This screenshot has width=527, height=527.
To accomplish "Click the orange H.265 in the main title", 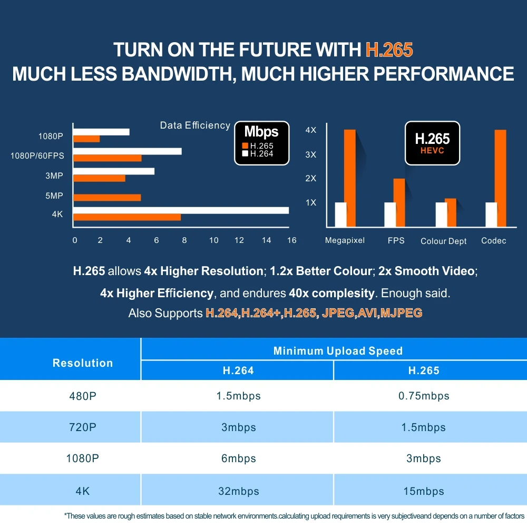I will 389,50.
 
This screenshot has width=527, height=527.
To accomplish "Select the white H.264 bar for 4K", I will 181,210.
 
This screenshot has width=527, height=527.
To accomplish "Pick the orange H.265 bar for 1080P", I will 86,139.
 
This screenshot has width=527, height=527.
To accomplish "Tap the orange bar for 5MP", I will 107,198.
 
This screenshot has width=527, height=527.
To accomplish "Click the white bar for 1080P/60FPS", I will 128,151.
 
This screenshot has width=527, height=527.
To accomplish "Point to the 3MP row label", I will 54,175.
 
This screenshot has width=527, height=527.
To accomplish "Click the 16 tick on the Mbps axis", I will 291,240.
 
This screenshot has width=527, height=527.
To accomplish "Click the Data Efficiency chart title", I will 195,125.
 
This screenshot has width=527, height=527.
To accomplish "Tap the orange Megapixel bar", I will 350,177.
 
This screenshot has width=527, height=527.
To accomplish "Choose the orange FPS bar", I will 399,202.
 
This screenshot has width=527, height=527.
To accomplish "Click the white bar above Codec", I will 491,213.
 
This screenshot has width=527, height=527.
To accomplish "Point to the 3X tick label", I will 311,154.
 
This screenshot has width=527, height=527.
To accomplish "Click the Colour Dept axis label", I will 444,241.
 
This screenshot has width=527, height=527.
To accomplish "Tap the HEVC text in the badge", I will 432,151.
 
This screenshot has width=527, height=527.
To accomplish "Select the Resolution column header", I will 83,363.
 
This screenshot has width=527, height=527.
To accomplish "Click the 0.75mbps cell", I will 424,396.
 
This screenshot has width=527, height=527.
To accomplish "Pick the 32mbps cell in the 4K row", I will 239,491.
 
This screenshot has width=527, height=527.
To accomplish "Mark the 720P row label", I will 83,427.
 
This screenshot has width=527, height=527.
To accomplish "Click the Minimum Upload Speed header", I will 338,351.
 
